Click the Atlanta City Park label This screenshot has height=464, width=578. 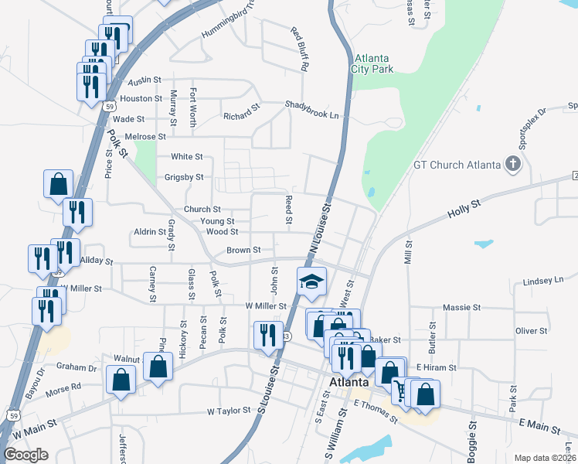(374, 63)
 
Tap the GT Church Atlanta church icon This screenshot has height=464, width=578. (512, 164)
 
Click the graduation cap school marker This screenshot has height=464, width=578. (312, 281)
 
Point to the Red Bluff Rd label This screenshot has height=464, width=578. (299, 49)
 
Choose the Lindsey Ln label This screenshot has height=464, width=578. (544, 280)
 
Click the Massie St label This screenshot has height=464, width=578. (463, 307)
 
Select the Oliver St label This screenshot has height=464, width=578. (531, 330)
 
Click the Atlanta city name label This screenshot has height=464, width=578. (349, 383)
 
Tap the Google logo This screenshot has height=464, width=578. (25, 455)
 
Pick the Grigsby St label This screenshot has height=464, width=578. (183, 177)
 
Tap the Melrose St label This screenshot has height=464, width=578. (146, 137)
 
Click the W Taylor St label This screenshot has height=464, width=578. (229, 411)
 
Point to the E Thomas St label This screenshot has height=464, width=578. (376, 411)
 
